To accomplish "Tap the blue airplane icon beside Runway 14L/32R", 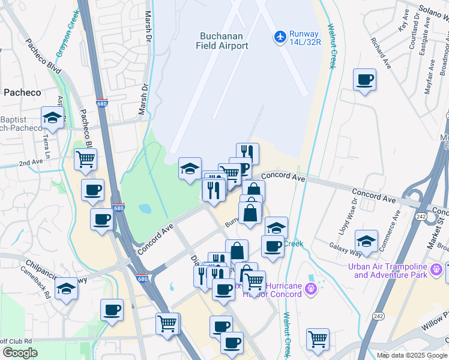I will [280, 37].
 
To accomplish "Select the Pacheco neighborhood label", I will [22, 92].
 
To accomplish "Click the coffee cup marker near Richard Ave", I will [364, 80].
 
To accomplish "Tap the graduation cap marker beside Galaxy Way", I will [366, 241].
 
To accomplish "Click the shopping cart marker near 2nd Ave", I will [85, 160].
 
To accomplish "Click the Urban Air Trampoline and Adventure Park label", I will [390, 271].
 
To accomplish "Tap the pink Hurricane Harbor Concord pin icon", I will [310, 289].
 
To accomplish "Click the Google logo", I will [20, 353].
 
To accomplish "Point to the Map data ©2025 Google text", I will [412, 355].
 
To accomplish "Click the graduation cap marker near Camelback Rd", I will [66, 289].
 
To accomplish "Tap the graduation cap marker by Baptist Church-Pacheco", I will [52, 118].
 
